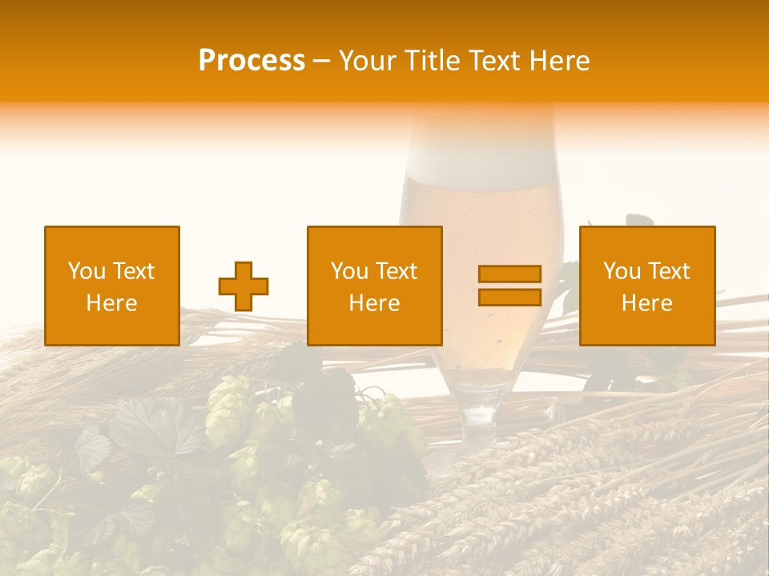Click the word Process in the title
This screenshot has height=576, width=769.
[252, 61]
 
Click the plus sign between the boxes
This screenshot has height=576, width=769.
[244, 286]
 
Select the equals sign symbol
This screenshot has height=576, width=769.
[509, 286]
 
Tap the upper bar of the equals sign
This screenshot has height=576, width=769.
[509, 274]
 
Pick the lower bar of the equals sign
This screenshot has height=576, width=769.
[509, 297]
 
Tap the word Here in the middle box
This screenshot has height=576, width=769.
[374, 303]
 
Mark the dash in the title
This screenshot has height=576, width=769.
[322, 61]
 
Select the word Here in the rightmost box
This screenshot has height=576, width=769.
[646, 303]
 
